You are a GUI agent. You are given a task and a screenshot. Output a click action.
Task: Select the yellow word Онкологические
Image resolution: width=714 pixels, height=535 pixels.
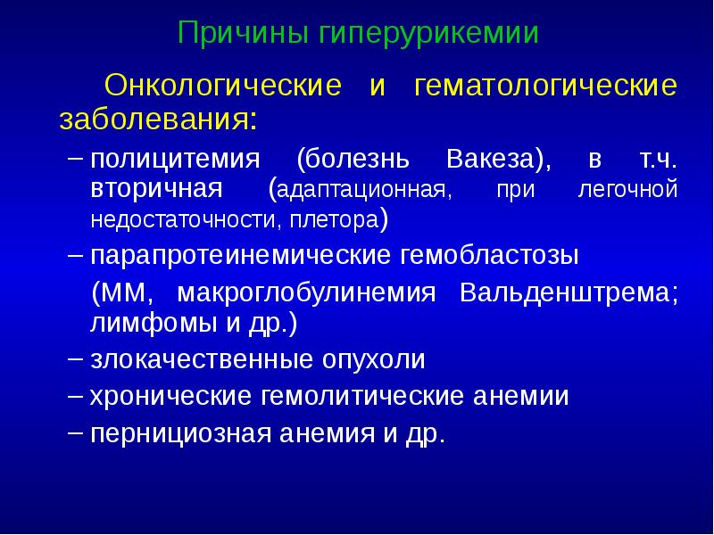pos(223,87)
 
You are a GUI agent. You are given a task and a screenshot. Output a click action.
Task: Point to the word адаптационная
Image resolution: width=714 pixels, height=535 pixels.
pos(361,191)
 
